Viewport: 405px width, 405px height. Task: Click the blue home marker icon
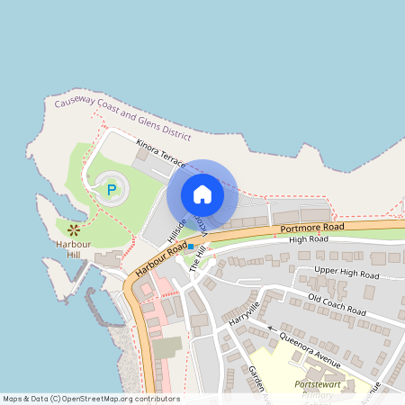[202, 193]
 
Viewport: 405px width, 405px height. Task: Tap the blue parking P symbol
[111, 190]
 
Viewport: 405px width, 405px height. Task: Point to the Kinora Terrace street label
[161, 154]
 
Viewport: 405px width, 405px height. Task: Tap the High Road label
[306, 240]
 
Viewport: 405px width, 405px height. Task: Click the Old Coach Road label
[337, 303]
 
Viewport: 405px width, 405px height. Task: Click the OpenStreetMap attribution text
[91, 399]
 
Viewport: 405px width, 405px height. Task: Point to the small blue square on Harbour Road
[191, 246]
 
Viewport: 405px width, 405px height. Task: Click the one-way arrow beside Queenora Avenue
[273, 330]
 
